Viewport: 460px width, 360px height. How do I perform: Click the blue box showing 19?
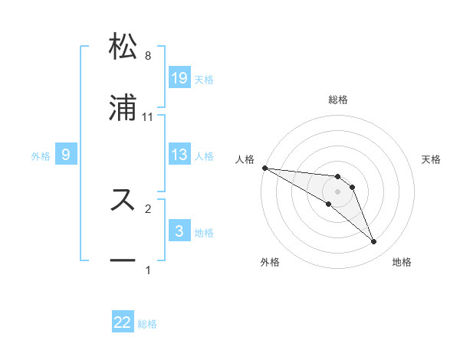click(x=179, y=77)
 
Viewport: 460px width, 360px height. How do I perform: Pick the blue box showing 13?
click(x=179, y=155)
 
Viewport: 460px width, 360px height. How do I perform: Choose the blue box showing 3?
click(x=179, y=231)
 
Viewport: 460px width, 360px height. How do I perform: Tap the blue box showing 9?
click(x=67, y=155)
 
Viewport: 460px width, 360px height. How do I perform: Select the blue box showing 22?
click(x=123, y=322)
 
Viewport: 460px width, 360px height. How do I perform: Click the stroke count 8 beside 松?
click(x=148, y=56)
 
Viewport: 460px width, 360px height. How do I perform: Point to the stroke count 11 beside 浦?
click(x=148, y=117)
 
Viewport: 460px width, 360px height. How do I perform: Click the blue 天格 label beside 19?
click(x=204, y=79)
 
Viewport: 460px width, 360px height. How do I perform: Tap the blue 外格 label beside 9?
click(x=41, y=156)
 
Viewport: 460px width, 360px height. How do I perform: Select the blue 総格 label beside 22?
click(x=147, y=324)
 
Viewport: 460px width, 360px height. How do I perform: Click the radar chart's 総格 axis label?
click(x=338, y=100)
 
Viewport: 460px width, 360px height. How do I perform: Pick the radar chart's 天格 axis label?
click(x=432, y=159)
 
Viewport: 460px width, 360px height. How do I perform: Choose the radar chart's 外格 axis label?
click(x=270, y=262)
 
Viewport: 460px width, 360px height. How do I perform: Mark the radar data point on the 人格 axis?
click(x=264, y=168)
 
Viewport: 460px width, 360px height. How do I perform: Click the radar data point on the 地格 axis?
click(x=374, y=242)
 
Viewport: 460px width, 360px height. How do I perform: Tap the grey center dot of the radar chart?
click(x=338, y=191)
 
